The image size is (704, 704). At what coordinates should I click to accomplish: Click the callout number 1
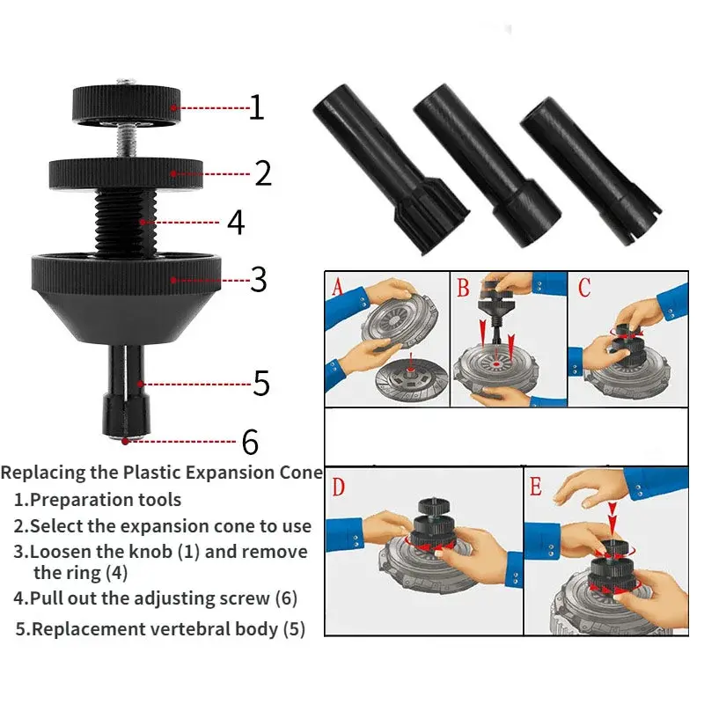point(256,107)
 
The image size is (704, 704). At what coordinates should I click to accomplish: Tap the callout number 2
point(262,172)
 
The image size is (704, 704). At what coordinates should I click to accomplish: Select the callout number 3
point(258,279)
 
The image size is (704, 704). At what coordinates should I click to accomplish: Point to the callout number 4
point(235,222)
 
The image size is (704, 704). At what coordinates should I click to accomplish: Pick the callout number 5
point(260,384)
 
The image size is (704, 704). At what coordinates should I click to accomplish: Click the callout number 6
point(251,440)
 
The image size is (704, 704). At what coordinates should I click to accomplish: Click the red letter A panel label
point(338,286)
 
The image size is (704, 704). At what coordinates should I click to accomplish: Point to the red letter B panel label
point(464,286)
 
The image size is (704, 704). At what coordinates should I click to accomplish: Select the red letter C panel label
point(585,286)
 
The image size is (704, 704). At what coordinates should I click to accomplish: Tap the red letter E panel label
point(536,486)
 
